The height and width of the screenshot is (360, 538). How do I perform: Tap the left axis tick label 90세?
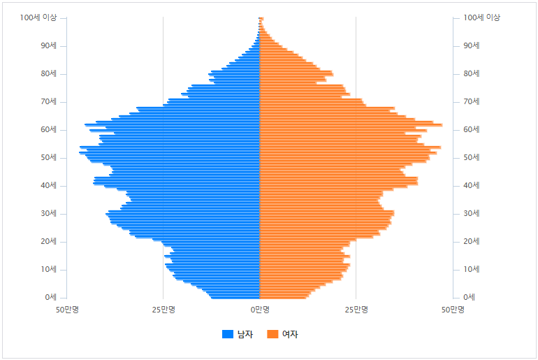click(x=49, y=45)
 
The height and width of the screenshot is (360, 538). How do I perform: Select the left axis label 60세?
click(x=49, y=129)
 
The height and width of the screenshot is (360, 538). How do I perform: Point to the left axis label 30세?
click(x=49, y=213)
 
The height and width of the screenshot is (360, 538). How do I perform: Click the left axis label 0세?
click(x=51, y=297)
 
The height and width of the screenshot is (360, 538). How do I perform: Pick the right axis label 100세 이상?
click(x=482, y=17)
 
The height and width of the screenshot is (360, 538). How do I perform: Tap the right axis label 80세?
click(x=472, y=73)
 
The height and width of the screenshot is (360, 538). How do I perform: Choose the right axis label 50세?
click(x=472, y=157)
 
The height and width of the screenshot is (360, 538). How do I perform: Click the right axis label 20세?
click(x=472, y=241)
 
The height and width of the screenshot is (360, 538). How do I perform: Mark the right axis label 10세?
click(x=472, y=269)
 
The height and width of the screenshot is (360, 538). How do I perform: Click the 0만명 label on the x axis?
click(x=259, y=309)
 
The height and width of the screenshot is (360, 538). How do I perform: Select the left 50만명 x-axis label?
click(x=67, y=309)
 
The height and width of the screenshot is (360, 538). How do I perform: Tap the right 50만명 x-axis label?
click(x=452, y=309)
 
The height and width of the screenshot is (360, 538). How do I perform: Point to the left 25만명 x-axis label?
click(x=163, y=309)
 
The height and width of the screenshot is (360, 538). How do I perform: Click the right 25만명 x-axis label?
click(x=356, y=309)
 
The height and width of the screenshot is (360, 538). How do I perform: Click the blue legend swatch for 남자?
click(x=228, y=334)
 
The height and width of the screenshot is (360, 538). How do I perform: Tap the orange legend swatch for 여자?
click(x=272, y=334)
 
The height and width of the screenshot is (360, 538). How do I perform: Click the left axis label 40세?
click(x=49, y=185)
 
